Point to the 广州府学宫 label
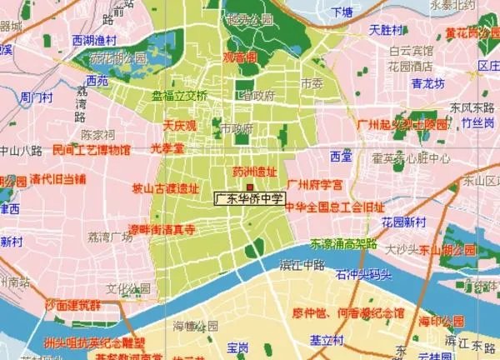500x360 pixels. [315, 184]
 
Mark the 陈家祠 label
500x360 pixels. [97, 134]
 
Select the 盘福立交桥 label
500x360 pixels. [178, 95]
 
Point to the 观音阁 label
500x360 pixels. [239, 58]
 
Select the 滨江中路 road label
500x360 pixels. [300, 266]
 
